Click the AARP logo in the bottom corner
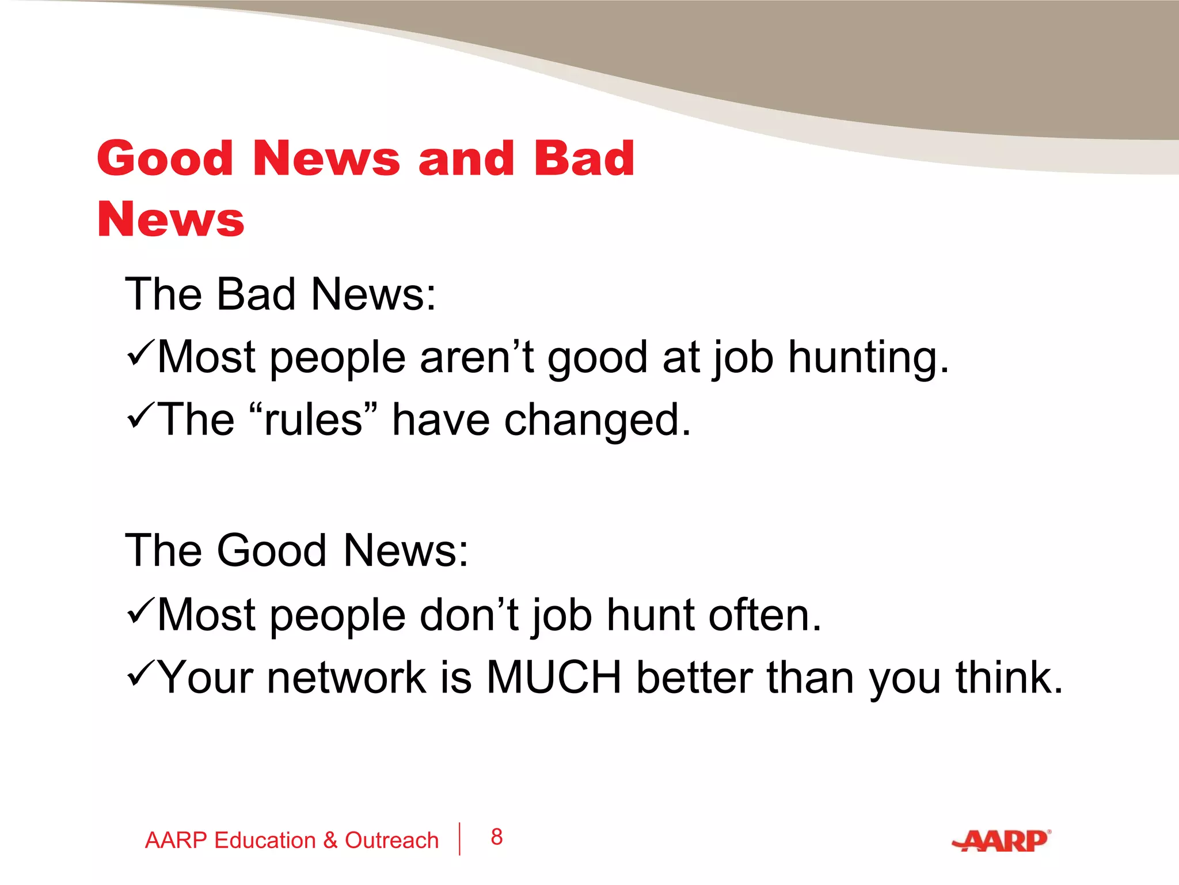pyautogui.click(x=1002, y=841)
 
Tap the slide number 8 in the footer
pyautogui.click(x=496, y=837)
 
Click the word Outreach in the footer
pyautogui.click(x=391, y=841)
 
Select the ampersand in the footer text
pyautogui.click(x=330, y=841)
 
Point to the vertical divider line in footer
pyautogui.click(x=459, y=839)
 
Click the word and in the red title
pyautogui.click(x=466, y=158)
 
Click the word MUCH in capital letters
pyautogui.click(x=554, y=677)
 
